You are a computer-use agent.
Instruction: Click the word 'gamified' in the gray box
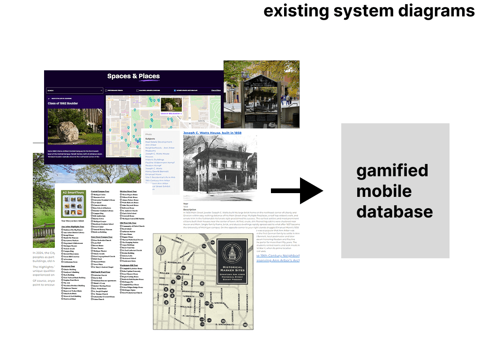392,170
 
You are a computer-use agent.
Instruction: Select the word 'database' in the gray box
394,211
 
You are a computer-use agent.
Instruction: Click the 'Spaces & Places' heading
133,76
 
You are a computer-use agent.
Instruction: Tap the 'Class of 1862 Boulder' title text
63,103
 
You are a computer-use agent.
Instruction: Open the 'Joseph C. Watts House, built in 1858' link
212,133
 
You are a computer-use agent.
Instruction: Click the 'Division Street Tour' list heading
128,191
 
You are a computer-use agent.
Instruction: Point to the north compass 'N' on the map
162,250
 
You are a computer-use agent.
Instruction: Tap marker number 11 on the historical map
202,284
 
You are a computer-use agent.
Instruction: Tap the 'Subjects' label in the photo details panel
150,139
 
